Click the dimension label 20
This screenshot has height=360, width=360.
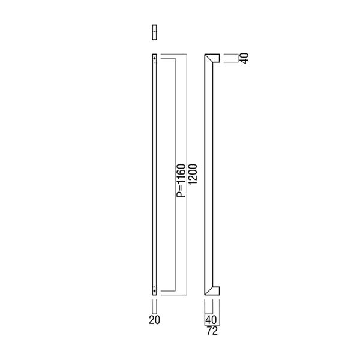(155, 320)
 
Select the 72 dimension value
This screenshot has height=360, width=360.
(212, 331)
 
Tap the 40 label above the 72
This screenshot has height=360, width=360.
(211, 320)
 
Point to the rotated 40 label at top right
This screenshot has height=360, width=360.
(245, 58)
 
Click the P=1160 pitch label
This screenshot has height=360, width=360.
(181, 181)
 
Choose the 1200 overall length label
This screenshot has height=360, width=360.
(193, 174)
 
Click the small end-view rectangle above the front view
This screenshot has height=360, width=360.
(155, 32)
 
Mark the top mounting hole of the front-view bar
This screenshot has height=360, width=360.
(155, 59)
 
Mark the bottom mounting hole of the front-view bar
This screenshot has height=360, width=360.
(155, 291)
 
